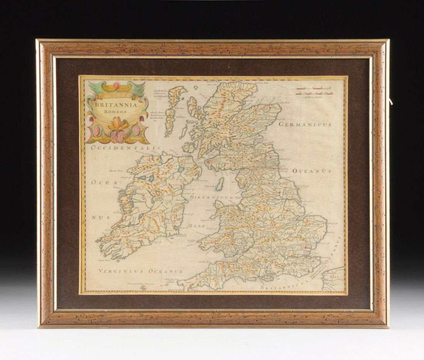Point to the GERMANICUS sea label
click(x=305, y=125)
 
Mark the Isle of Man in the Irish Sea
click(x=220, y=184)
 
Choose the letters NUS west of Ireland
click(x=97, y=217)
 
